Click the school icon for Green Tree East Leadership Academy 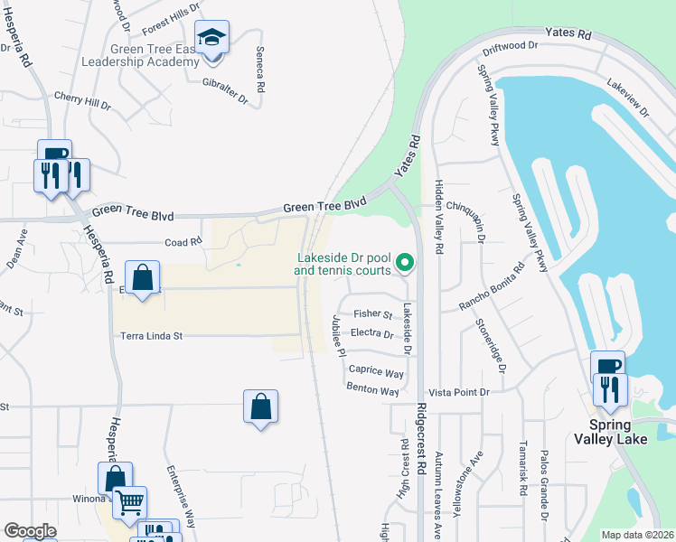[211, 39]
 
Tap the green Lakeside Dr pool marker [405, 263]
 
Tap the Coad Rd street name [183, 242]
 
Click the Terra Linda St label [152, 336]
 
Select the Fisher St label [372, 314]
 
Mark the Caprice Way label [376, 371]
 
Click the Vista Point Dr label [457, 392]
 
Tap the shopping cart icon [130, 501]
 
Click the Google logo [30, 531]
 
